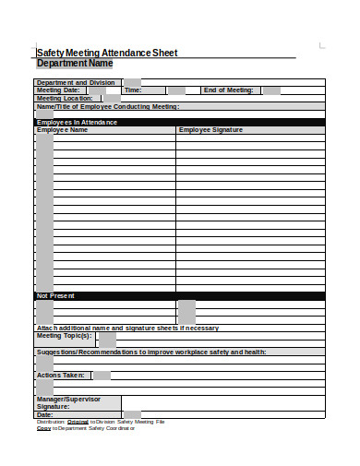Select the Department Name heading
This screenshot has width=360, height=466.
74,64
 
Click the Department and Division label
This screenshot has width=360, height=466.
76,82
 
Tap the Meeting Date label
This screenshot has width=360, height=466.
57,90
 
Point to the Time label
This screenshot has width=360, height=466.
133,90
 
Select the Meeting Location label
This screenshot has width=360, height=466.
65,98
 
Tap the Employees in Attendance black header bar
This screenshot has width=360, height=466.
180,122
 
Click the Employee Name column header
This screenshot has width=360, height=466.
62,130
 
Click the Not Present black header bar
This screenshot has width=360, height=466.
180,295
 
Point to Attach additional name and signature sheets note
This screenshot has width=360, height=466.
127,328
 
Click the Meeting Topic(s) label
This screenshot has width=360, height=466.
64,336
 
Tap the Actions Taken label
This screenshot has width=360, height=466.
61,376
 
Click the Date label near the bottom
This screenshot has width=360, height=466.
44,414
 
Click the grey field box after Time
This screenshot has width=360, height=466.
177,90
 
